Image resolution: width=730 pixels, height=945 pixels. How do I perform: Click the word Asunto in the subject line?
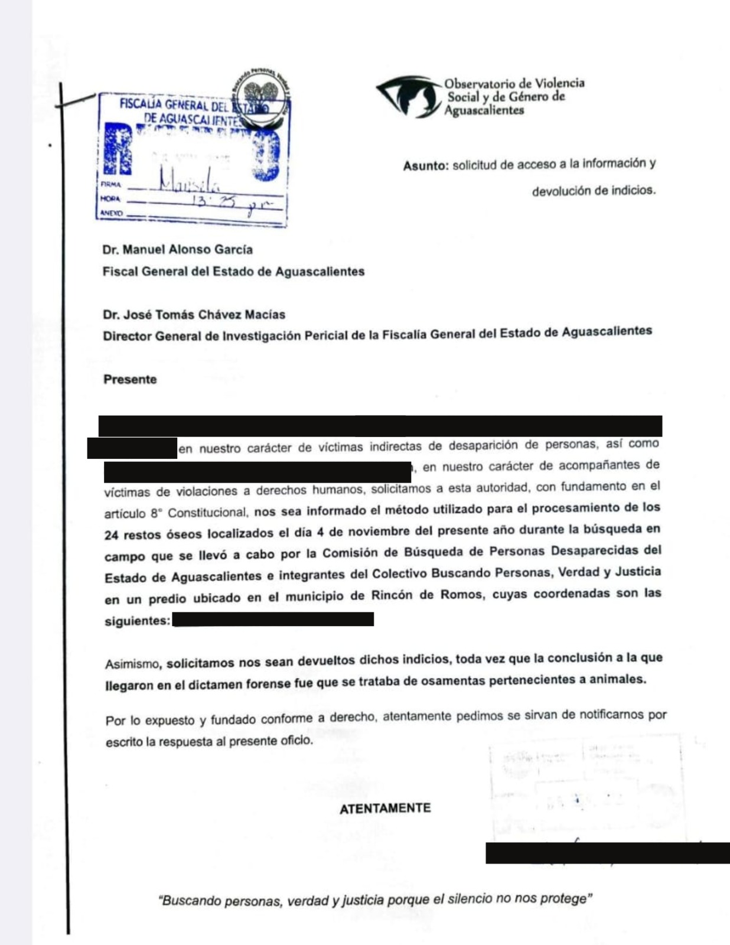425,166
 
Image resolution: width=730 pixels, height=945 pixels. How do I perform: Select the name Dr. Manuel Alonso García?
177,249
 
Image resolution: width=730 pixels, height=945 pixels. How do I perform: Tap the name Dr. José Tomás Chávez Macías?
194,314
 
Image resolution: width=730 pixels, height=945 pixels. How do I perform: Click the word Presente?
130,379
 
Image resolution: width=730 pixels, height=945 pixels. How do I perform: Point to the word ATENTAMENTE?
385,809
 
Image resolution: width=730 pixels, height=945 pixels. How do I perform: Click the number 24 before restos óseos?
112,535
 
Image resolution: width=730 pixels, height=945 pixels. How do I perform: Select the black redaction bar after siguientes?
273,619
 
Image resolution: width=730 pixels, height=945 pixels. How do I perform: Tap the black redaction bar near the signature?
607,853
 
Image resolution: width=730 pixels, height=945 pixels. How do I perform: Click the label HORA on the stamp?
110,199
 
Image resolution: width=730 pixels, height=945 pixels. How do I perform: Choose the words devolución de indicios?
594,191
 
